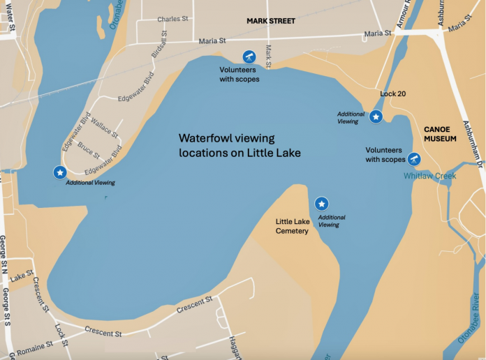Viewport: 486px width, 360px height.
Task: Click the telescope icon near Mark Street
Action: coord(249,56)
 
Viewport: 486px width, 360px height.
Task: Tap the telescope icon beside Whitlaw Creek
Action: coord(414,159)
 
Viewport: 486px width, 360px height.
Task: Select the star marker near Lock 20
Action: coord(376,117)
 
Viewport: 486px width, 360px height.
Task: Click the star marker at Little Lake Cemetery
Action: coord(321,204)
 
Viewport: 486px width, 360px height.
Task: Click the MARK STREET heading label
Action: coord(271,21)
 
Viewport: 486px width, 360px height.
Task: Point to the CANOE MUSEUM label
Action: coord(440,134)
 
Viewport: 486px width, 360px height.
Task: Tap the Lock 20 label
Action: coord(392,93)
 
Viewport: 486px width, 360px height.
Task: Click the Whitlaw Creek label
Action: coord(429,176)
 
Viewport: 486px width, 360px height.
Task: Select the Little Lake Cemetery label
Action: coord(292,226)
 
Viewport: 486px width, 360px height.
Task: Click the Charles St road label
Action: coord(172,20)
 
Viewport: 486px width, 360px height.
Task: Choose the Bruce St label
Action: coord(89,149)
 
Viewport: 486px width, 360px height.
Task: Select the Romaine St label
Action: coord(32,346)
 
